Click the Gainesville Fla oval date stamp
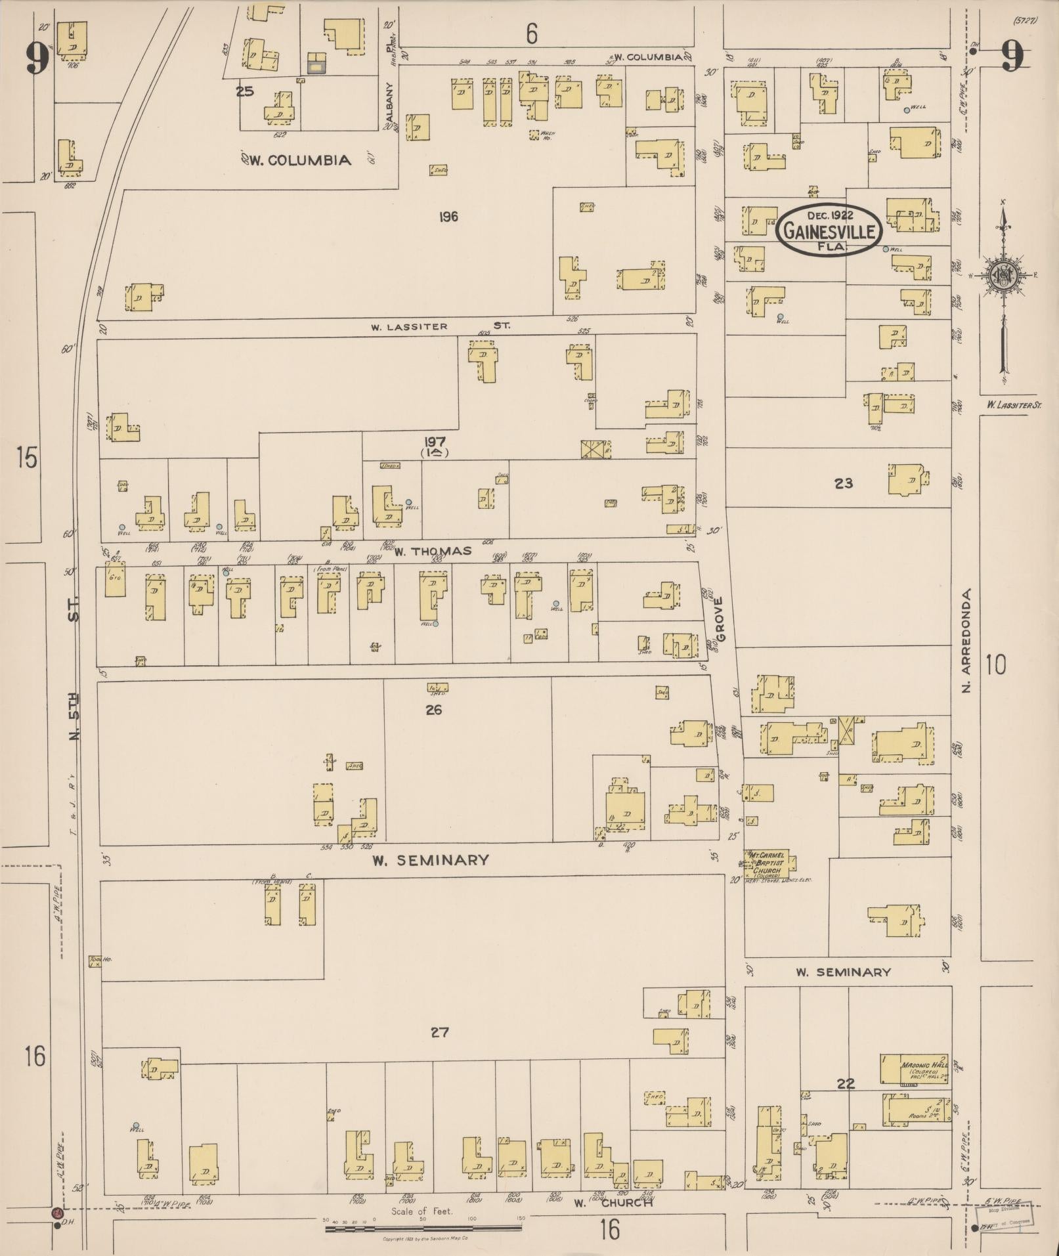829,230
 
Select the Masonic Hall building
915,1069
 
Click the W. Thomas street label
433,551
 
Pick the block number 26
433,710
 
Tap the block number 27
439,1032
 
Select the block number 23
843,483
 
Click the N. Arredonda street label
965,640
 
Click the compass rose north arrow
1003,276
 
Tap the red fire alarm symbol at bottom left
56,1213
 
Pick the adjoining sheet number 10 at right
995,665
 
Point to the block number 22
846,1084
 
